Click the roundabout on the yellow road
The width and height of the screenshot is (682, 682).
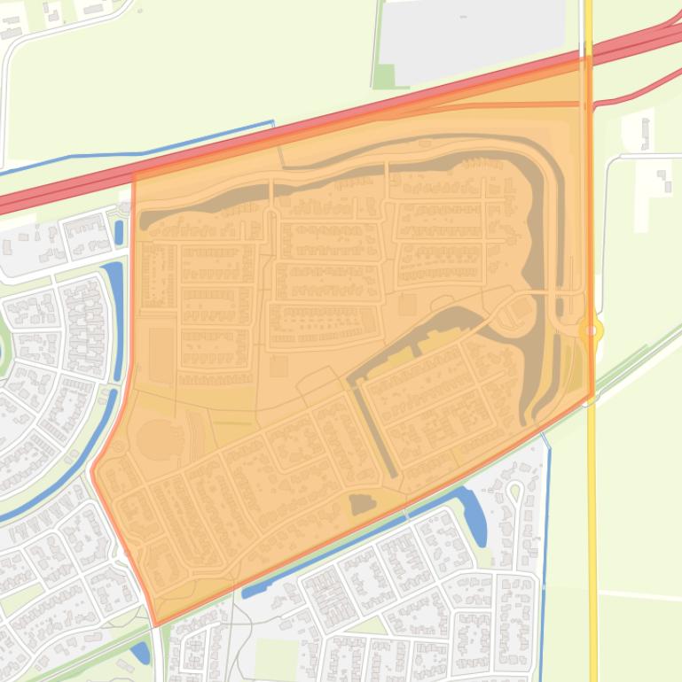tap(591, 331)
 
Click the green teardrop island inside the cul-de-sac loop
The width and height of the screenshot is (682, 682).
tap(513, 489)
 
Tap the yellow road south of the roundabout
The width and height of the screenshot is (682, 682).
tap(592, 531)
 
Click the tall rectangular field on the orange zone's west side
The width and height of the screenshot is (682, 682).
tap(161, 353)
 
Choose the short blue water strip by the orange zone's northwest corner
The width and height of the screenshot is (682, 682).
tap(119, 233)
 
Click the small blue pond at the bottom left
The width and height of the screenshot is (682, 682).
tap(140, 653)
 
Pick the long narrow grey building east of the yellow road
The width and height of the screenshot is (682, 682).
tap(645, 133)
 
